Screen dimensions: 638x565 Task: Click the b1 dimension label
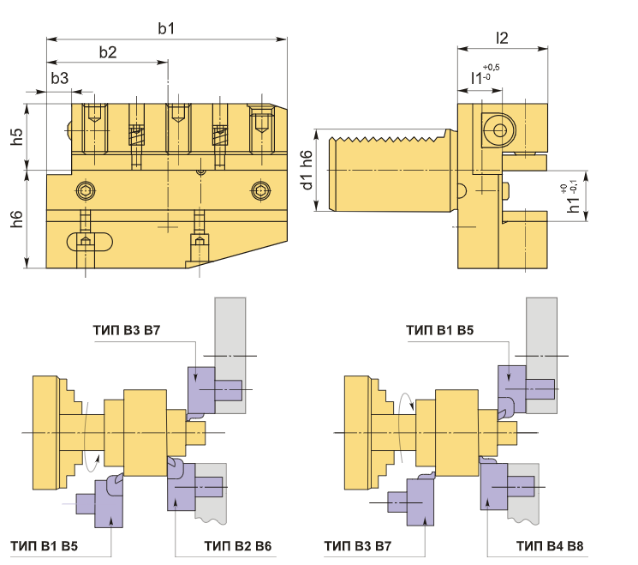point(166,28)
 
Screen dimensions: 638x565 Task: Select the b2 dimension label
point(108,52)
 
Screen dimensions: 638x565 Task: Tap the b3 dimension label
point(59,78)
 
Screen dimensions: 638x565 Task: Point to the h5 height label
point(16,136)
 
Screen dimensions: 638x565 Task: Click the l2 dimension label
point(502,38)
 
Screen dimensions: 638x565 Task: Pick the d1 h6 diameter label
point(307,170)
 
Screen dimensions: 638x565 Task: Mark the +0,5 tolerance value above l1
point(491,67)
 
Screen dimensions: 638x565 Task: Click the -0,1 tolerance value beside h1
point(573,187)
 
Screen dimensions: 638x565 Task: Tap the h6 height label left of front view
point(16,219)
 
